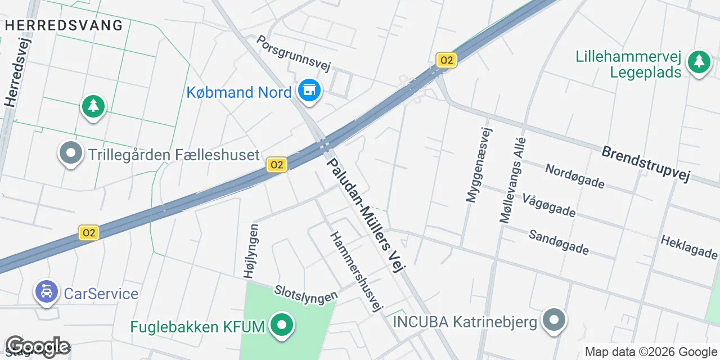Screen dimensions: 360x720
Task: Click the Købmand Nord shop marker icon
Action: click(308, 90)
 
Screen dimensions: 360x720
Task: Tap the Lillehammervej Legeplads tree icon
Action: click(699, 61)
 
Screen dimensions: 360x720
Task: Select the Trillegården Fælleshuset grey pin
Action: click(71, 152)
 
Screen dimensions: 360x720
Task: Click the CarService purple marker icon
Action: click(47, 291)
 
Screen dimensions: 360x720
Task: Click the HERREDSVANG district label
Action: click(64, 25)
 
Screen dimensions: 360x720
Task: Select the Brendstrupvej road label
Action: click(645, 163)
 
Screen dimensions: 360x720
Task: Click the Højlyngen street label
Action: click(251, 251)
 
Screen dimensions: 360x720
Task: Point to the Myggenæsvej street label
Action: click(479, 164)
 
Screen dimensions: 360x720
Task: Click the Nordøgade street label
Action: click(574, 176)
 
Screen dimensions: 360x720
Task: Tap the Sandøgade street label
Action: click(559, 241)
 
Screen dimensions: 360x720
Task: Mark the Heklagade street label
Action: click(688, 247)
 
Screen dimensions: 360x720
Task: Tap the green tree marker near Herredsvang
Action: click(93, 106)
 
